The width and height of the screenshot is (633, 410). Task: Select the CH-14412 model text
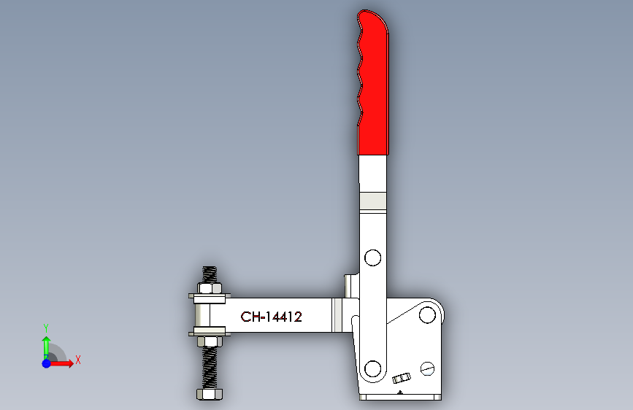pos(272,317)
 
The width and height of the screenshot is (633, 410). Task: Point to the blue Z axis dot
pos(46,363)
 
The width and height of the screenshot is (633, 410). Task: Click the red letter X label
pos(77,360)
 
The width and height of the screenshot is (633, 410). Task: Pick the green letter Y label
pos(45,328)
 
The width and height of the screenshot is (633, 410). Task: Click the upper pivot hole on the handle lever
pos(372,258)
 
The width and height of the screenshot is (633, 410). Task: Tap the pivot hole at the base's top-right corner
pos(427,315)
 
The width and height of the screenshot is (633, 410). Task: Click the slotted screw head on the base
pos(427,369)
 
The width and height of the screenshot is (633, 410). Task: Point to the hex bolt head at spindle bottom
pos(210,395)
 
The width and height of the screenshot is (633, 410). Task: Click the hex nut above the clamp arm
pos(210,289)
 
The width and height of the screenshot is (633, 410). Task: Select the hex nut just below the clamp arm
pos(210,341)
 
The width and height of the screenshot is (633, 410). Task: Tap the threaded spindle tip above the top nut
pos(210,274)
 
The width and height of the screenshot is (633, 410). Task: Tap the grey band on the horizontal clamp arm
pos(337,317)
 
